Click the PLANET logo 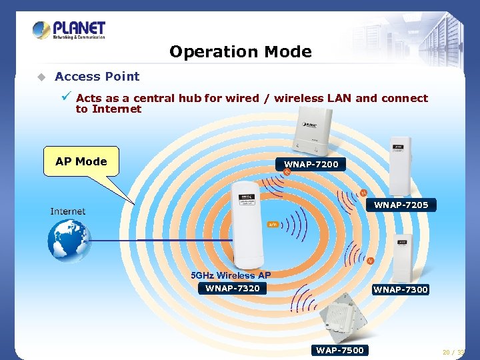pyautogui.click(x=69, y=31)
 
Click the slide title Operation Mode pyautogui.click(x=240, y=51)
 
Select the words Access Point pyautogui.click(x=97, y=77)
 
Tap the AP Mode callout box pyautogui.click(x=81, y=161)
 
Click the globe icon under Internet pyautogui.click(x=68, y=240)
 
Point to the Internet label pyautogui.click(x=68, y=211)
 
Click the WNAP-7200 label pyautogui.click(x=311, y=164)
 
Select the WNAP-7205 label pyautogui.click(x=401, y=205)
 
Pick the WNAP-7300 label pyautogui.click(x=400, y=289)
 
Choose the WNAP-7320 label pyautogui.click(x=232, y=288)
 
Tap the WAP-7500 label pyautogui.click(x=340, y=350)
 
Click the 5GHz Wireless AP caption pyautogui.click(x=231, y=275)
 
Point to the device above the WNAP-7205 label pyautogui.click(x=401, y=167)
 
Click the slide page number pyautogui.click(x=454, y=352)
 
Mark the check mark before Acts pyautogui.click(x=67, y=97)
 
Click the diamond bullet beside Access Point pyautogui.click(x=41, y=77)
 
